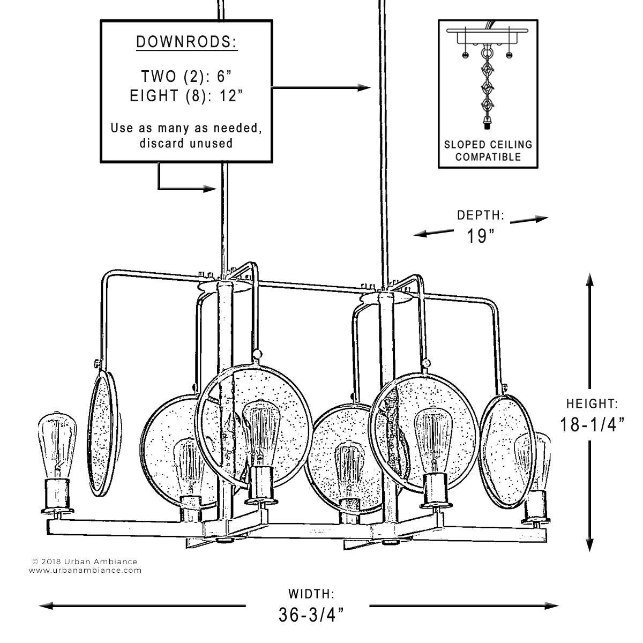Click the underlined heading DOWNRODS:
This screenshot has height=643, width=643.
(186, 42)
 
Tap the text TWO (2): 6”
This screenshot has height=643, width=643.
(186, 77)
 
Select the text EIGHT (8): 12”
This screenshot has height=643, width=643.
(186, 96)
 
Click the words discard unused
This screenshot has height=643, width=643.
(186, 144)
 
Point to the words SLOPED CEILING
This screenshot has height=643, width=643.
(488, 145)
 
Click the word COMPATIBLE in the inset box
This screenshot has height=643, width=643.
(488, 157)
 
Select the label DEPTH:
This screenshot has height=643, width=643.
(481, 215)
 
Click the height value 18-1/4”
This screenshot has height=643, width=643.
(592, 425)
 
